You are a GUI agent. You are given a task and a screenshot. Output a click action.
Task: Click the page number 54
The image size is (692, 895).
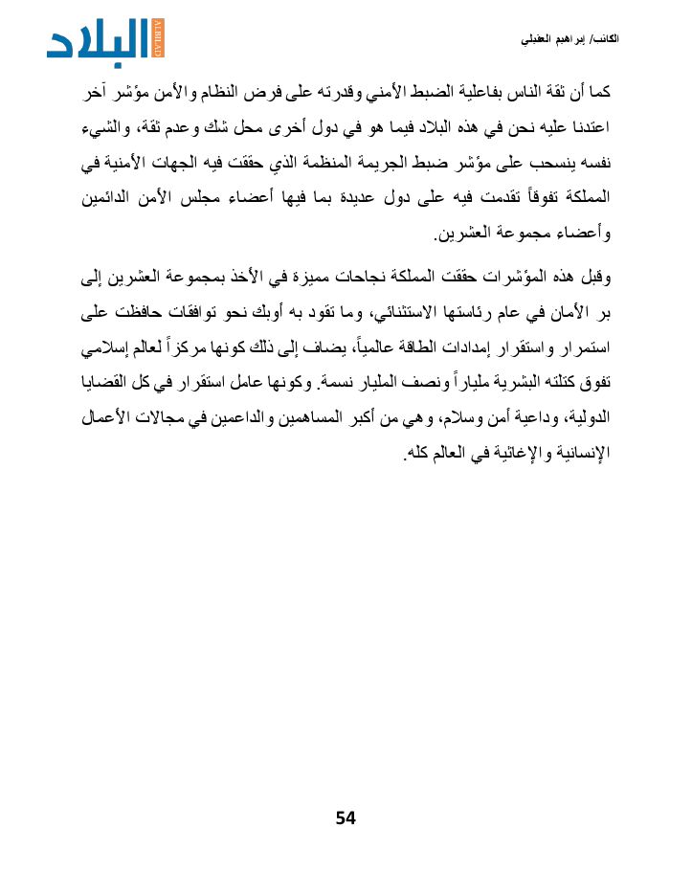tap(346, 817)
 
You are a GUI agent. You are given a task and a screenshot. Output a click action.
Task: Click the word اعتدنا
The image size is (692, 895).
tap(585, 127)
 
